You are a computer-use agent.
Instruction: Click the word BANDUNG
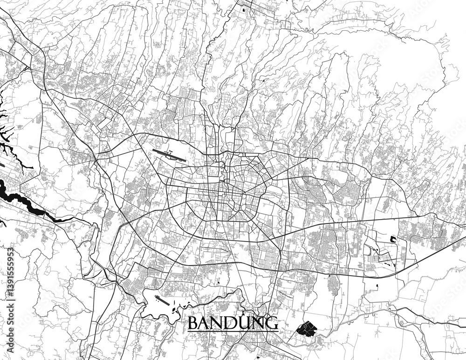point(233,323)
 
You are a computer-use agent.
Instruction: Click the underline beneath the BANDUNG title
point(233,331)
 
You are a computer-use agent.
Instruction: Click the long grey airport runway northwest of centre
point(169,155)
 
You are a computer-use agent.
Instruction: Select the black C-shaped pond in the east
point(392,239)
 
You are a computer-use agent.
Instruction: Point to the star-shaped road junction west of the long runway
point(96,159)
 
